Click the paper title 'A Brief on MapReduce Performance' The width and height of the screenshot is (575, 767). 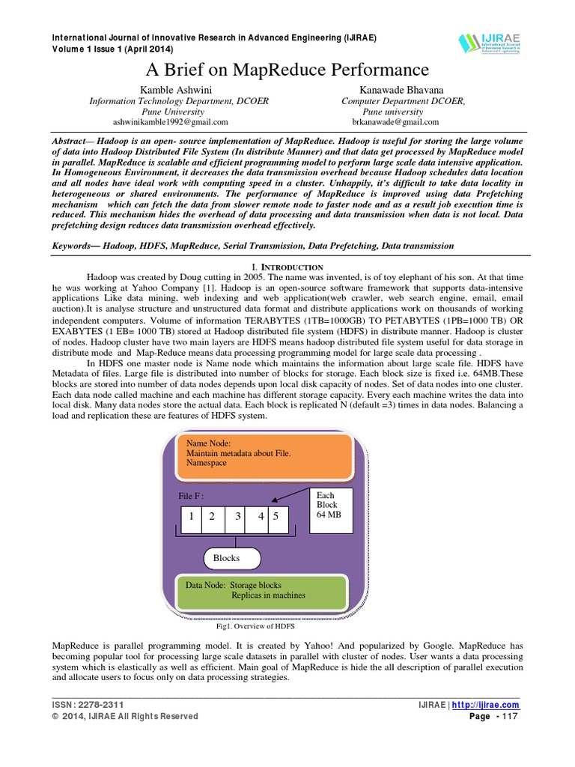coord(287,70)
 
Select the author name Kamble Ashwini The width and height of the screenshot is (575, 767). coord(170,90)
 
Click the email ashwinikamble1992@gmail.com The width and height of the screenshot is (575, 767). coord(170,121)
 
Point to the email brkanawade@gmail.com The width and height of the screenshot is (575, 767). coord(395,121)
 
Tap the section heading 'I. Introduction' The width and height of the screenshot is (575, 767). coord(287,267)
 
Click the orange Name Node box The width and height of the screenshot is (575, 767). coord(264,455)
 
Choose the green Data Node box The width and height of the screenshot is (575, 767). coord(264,591)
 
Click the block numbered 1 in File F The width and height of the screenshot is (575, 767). coord(192,517)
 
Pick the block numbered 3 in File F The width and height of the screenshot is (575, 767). coord(237,517)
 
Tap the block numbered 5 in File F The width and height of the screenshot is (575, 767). coord(276,517)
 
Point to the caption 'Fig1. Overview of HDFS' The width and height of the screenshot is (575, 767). coord(256,626)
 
